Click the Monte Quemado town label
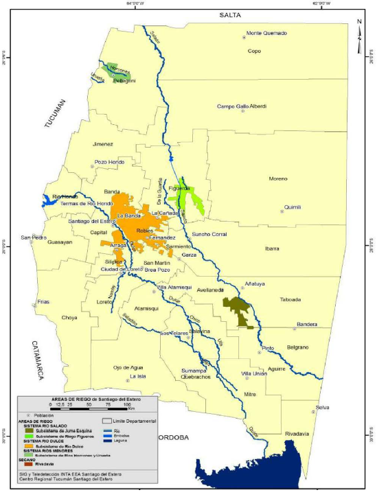(x=266, y=33)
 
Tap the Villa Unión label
(x=253, y=373)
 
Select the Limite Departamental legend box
(x=106, y=421)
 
